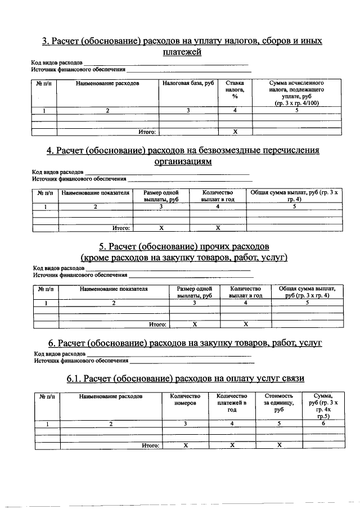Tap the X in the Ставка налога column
(235, 132)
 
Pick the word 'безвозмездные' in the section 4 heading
(226, 150)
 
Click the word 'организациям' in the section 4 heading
(183, 161)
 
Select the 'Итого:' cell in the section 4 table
(121, 228)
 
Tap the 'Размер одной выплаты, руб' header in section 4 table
(161, 196)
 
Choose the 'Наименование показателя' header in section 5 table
(114, 289)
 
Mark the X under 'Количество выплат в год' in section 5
(246, 324)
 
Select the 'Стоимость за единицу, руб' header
(278, 403)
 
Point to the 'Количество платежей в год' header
(232, 403)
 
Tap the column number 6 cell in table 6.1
(323, 424)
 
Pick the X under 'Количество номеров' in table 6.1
(185, 445)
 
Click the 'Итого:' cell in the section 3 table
(147, 132)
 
